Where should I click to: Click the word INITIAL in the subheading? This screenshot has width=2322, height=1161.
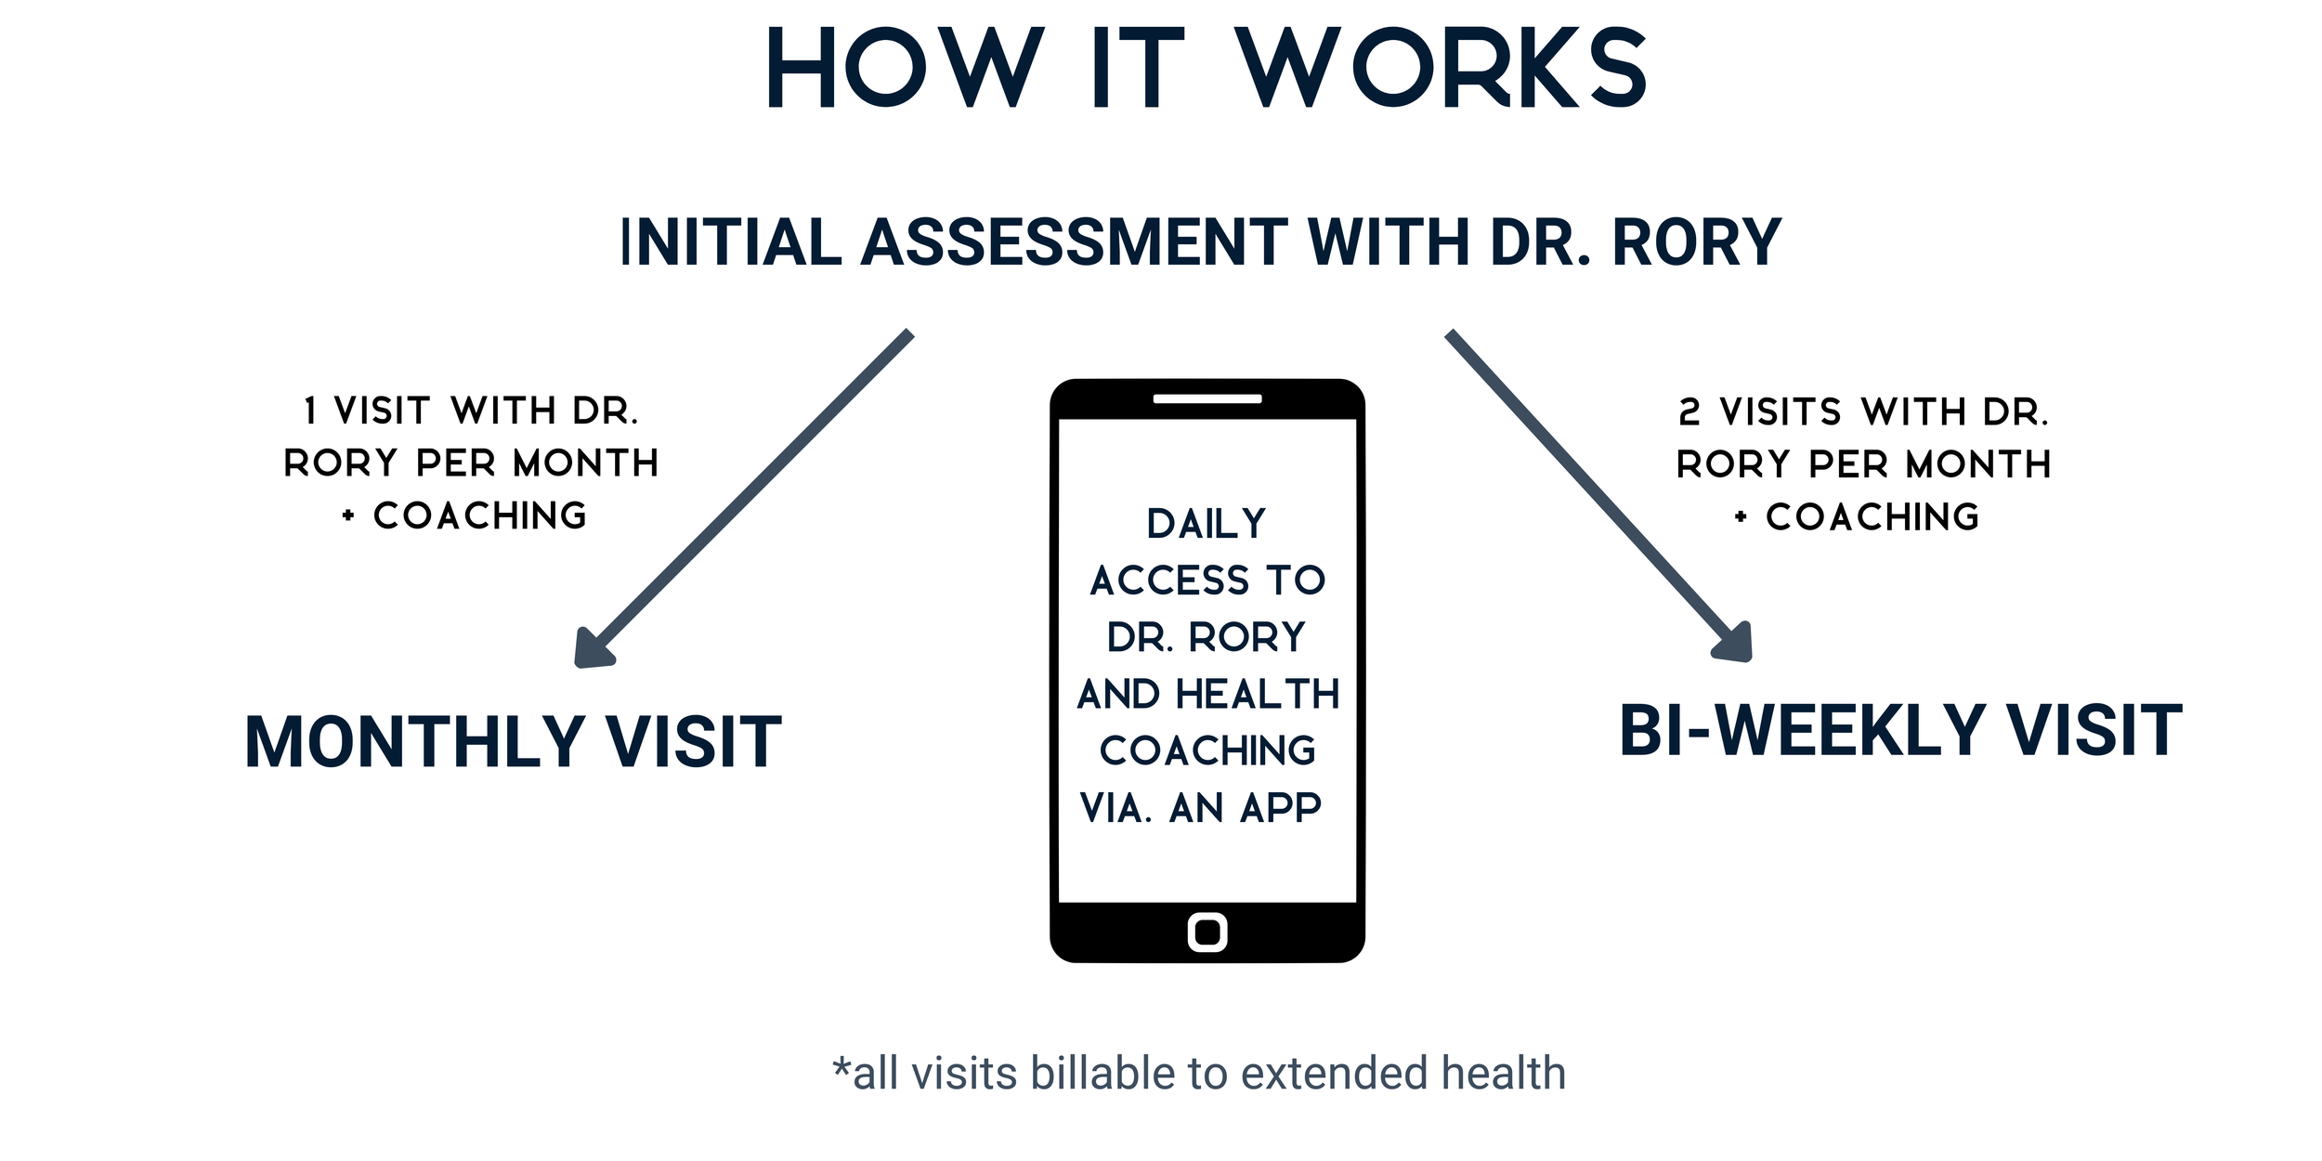pos(731,242)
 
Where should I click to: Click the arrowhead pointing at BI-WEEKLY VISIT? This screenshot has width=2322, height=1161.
pos(1734,644)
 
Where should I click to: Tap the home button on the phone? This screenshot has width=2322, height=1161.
pos(1207,932)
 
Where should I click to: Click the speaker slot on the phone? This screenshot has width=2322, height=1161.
pos(1207,399)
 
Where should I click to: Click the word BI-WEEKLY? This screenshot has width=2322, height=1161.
pos(1802,732)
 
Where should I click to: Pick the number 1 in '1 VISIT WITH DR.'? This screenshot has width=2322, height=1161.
pos(311,411)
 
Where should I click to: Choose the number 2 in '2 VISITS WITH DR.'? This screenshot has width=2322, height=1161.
pos(1689,412)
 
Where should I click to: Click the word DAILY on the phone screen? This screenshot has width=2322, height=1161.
pos(1207,525)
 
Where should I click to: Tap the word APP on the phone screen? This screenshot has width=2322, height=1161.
pos(1281,809)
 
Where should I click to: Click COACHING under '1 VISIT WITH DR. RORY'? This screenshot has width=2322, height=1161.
pos(480,516)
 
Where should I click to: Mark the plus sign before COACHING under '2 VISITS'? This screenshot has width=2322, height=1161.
pos(1741,517)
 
